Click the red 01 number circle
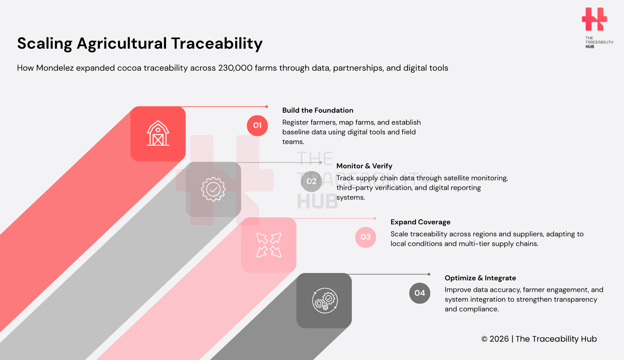click(257, 126)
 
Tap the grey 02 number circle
click(311, 181)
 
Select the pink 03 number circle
click(366, 237)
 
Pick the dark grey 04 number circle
click(420, 293)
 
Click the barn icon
click(158, 133)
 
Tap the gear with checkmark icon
click(213, 189)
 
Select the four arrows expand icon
click(269, 245)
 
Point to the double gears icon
click(325, 300)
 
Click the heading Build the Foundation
click(318, 110)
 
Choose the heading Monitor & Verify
click(364, 166)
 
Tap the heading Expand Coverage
click(420, 222)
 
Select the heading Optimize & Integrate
click(480, 278)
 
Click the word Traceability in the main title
click(217, 44)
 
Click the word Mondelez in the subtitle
click(55, 68)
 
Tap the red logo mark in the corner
click(594, 19)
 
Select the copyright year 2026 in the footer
click(499, 339)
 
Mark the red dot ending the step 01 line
click(266, 107)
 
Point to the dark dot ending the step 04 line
click(429, 274)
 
